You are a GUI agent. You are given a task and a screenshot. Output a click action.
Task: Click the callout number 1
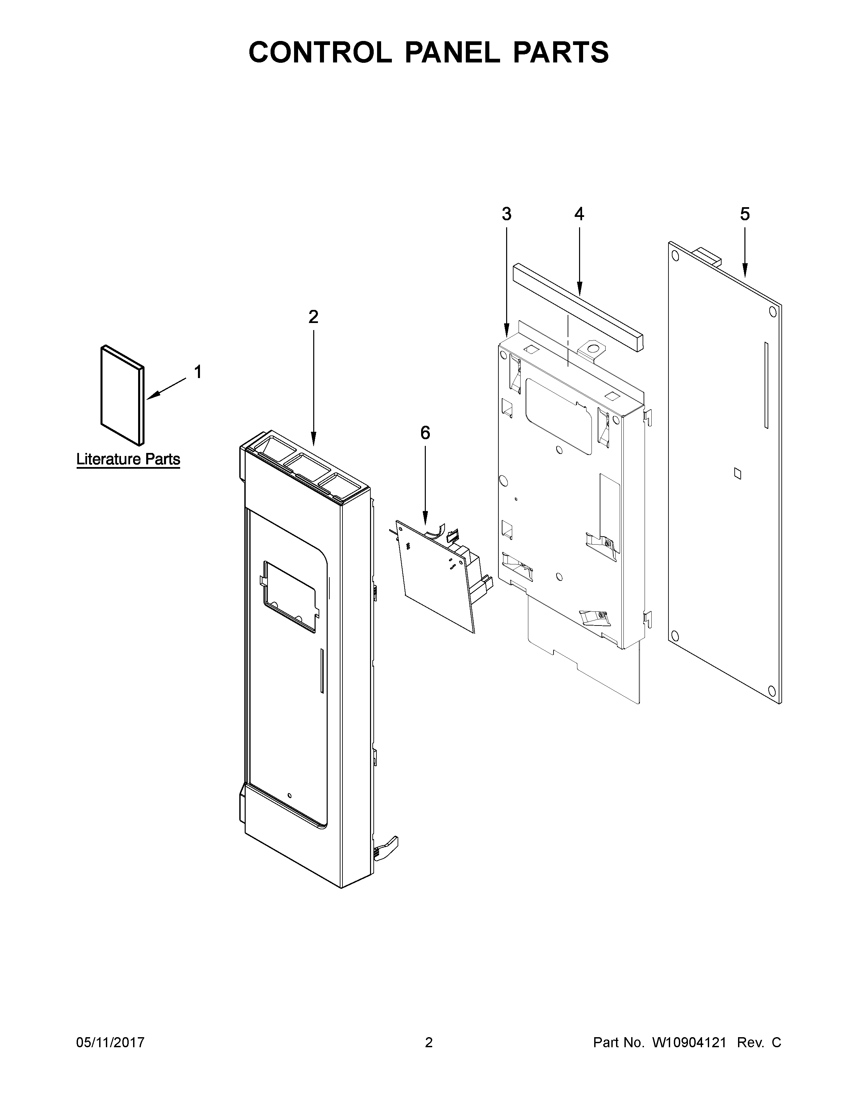[198, 372]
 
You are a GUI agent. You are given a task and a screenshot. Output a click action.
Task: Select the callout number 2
[313, 317]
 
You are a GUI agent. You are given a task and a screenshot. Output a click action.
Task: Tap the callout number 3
[506, 214]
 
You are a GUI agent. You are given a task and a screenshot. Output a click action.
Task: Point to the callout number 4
[579, 214]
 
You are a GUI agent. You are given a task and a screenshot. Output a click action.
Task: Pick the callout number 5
[744, 214]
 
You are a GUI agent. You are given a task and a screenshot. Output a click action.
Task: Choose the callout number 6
[425, 433]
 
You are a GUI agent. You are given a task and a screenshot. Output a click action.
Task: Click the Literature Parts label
[128, 459]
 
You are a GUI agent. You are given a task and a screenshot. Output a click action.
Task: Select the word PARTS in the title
[561, 53]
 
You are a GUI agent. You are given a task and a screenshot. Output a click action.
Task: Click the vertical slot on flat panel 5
[766, 385]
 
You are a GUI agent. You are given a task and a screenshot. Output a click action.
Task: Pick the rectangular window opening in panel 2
[289, 597]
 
